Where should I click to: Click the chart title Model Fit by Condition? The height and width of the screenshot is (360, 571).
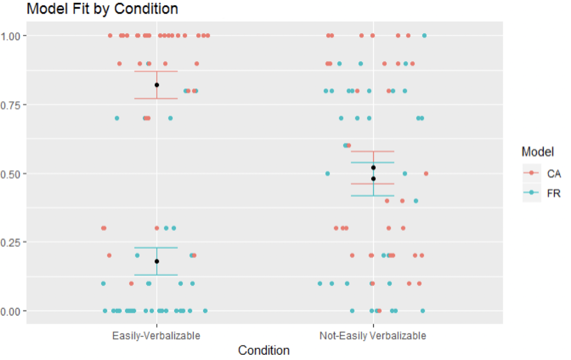coord(102,9)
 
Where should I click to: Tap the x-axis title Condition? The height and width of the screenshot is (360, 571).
coord(264,350)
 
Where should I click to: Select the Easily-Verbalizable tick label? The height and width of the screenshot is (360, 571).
coord(156,336)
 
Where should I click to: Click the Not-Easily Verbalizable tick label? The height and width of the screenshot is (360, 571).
coord(373,336)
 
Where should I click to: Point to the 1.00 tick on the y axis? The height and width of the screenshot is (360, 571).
coord(11,36)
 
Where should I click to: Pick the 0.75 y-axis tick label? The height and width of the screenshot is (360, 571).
coord(11,105)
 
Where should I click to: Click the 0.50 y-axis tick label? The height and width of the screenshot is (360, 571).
coord(11,174)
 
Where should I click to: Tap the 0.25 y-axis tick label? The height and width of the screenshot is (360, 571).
coord(11,243)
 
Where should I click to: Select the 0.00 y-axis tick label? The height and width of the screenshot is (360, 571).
coord(11,312)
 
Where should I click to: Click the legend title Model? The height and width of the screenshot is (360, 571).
coord(537,152)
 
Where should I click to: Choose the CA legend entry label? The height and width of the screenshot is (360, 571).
coord(554,174)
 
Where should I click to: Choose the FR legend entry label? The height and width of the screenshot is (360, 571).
coord(554,193)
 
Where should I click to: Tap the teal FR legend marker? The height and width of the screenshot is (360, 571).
coord(531,193)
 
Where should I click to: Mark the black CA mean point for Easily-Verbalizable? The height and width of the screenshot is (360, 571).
coord(157,85)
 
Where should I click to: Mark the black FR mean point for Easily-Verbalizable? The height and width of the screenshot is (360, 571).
coord(157,261)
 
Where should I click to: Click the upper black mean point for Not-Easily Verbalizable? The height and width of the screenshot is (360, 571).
coord(373,167)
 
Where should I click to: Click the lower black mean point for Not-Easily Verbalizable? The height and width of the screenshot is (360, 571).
coord(373,179)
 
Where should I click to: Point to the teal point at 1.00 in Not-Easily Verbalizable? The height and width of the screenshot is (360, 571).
coord(424,36)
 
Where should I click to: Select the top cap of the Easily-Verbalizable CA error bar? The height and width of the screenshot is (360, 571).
coord(156,72)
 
